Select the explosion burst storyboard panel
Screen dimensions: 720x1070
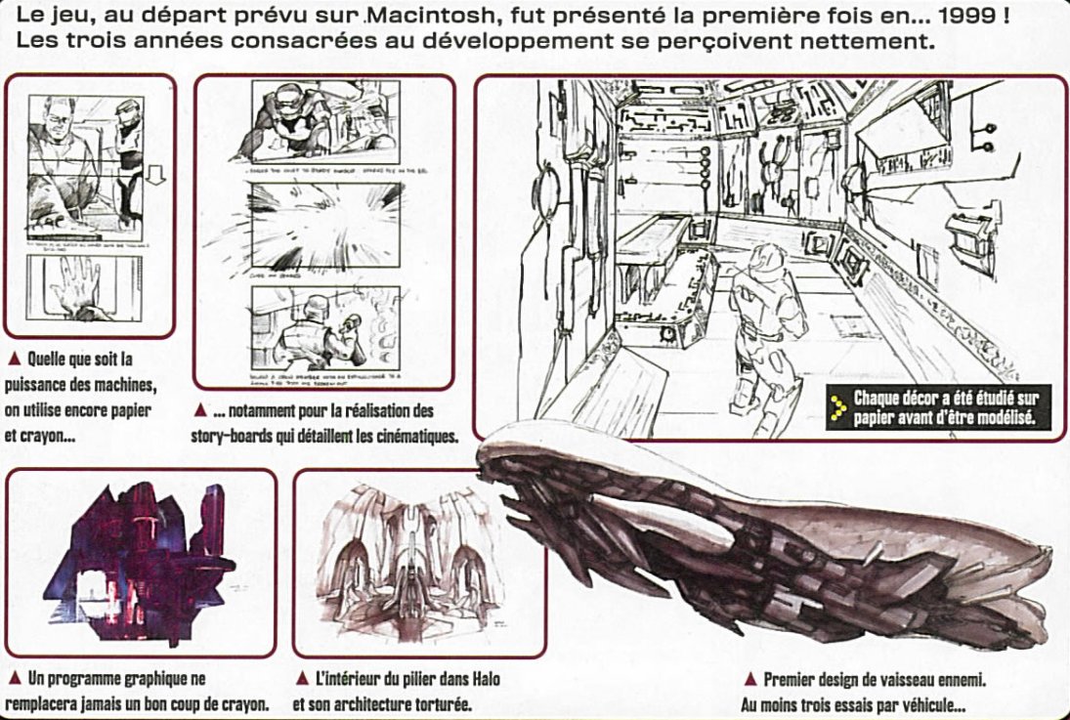pyautogui.click(x=325, y=219)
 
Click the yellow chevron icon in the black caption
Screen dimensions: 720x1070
pyautogui.click(x=836, y=408)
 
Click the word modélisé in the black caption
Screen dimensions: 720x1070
pyautogui.click(x=1011, y=418)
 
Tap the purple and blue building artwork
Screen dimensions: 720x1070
pyautogui.click(x=140, y=559)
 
